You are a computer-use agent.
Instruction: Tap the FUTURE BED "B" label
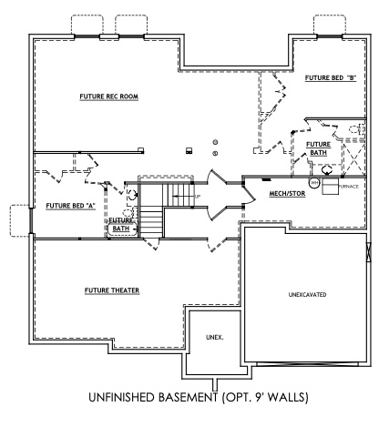point(330,80)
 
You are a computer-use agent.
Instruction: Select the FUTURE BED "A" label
point(72,206)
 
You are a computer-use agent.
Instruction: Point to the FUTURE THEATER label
point(112,290)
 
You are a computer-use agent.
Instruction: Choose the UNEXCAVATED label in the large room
point(307,295)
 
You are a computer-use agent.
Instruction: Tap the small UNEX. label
point(214,337)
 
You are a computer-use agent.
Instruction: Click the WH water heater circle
point(312,183)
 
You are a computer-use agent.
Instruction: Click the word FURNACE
point(349,187)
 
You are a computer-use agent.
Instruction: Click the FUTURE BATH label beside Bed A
point(121,224)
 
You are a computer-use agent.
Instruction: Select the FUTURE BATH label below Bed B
point(318,148)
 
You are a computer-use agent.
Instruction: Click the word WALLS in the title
point(291,398)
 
